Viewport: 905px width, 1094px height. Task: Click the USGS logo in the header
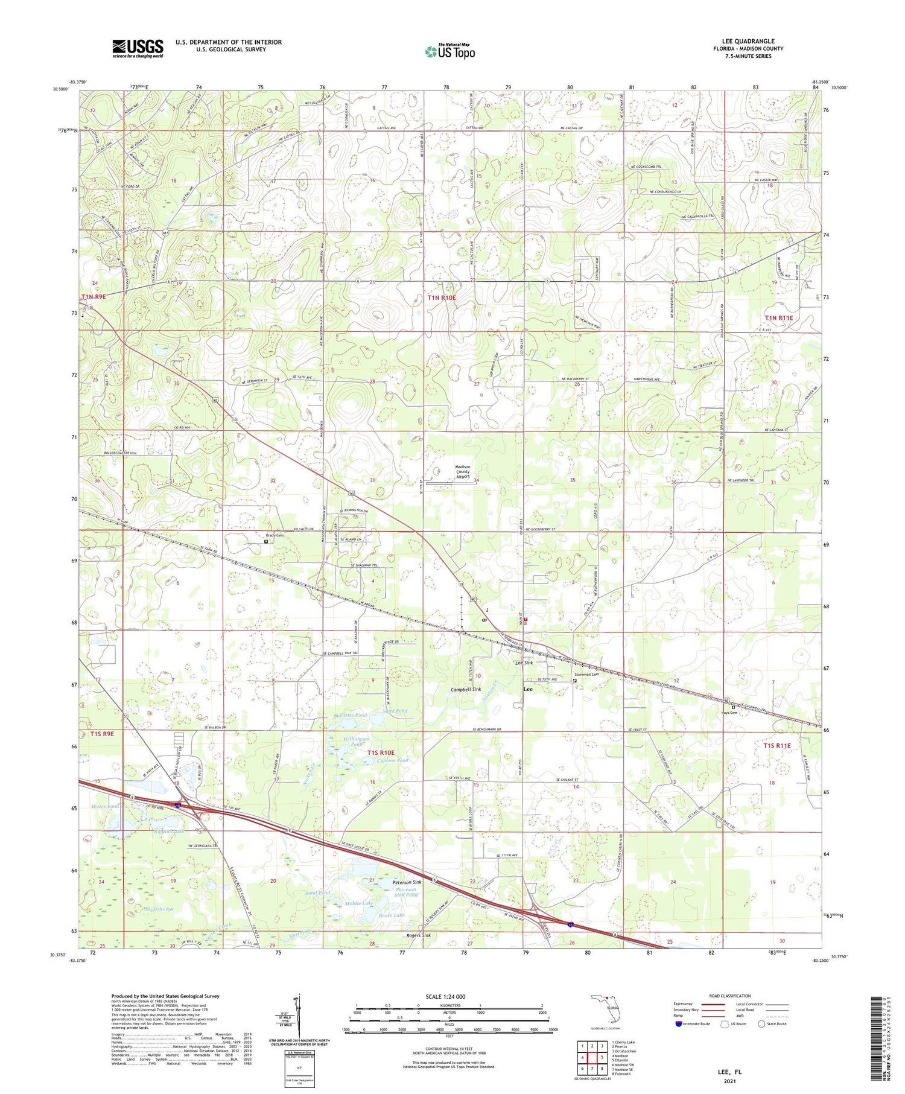[x=138, y=48]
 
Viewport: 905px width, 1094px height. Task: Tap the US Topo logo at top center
[x=449, y=51]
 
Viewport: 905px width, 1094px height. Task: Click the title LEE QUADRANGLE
[x=748, y=41]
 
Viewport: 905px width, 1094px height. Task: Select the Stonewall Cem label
[x=586, y=675]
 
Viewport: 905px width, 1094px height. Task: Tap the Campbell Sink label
[x=466, y=689]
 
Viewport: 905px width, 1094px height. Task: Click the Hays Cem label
[x=729, y=712]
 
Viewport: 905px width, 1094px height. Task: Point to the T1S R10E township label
[x=381, y=752]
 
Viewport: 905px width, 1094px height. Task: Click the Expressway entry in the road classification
[x=687, y=1003]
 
